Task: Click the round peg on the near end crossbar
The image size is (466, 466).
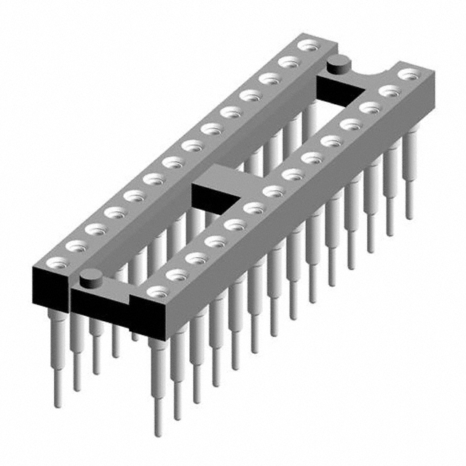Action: [90, 277]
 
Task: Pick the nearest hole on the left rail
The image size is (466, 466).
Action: [53, 260]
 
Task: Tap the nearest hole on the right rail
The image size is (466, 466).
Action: [155, 291]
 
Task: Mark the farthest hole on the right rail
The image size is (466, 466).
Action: [410, 74]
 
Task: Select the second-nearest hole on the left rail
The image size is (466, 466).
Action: [74, 246]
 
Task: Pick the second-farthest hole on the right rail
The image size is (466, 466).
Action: [390, 91]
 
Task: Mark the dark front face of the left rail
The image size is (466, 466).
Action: [49, 287]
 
